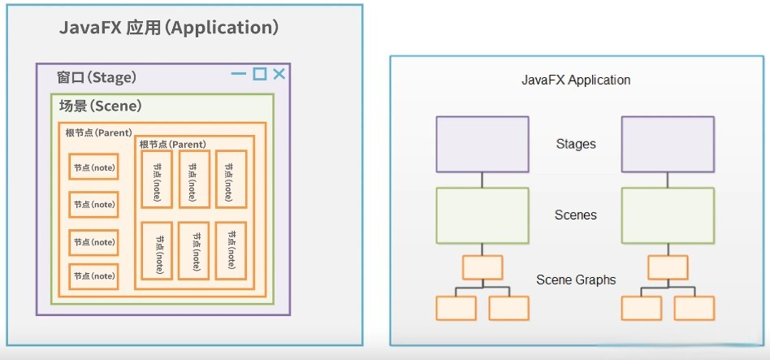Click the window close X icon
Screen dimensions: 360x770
pyautogui.click(x=279, y=74)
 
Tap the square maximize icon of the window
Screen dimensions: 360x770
pyautogui.click(x=259, y=74)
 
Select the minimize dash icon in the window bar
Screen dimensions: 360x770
pyautogui.click(x=239, y=74)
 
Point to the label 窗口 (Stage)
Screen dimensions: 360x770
pyautogui.click(x=97, y=77)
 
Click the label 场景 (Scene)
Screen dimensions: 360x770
pyautogui.click(x=101, y=106)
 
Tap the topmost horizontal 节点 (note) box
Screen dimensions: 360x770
pyautogui.click(x=94, y=167)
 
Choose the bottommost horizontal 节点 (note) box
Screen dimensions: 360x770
pyautogui.click(x=94, y=276)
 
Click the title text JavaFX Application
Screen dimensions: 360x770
pyautogui.click(x=576, y=80)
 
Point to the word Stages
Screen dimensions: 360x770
pyautogui.click(x=576, y=144)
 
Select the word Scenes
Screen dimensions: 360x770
pyautogui.click(x=576, y=215)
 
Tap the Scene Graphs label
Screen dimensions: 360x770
pyautogui.click(x=576, y=280)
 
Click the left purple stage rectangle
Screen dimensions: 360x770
pyautogui.click(x=482, y=144)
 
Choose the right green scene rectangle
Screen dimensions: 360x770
pyautogui.click(x=668, y=215)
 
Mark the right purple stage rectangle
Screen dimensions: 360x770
pyautogui.click(x=668, y=144)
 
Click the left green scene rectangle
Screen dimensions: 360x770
pyautogui.click(x=482, y=215)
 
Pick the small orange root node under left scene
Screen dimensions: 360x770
pyautogui.click(x=482, y=267)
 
